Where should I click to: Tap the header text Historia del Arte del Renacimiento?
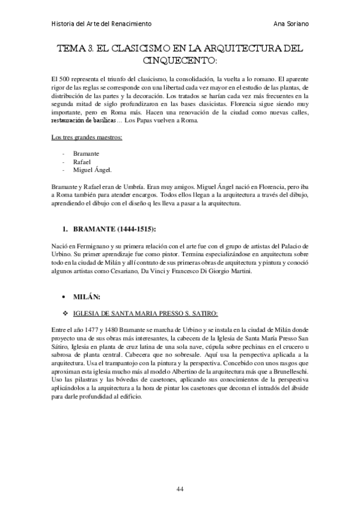click(100, 23)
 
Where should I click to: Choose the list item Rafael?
click(82, 162)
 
